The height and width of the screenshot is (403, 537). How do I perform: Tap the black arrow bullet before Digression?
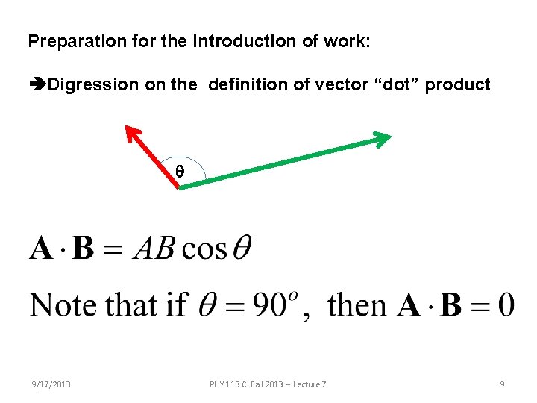pos(37,85)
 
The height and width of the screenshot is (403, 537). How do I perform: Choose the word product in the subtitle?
pos(457,85)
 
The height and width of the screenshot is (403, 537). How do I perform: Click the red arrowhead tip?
pos(127,128)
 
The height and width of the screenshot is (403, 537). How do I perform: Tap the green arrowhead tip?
pos(389,137)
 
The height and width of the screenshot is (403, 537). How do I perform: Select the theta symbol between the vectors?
pos(179,171)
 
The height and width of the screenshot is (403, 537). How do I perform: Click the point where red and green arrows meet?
pos(180,187)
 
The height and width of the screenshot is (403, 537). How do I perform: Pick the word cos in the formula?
pos(204,248)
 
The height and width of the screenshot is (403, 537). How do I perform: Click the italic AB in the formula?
pos(154,248)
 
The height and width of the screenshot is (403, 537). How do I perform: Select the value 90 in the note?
pos(266,305)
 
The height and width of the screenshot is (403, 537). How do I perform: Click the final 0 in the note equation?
pos(505,305)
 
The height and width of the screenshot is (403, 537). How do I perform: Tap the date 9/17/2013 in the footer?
pos(51,384)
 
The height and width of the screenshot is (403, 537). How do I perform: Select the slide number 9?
pos(502,384)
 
